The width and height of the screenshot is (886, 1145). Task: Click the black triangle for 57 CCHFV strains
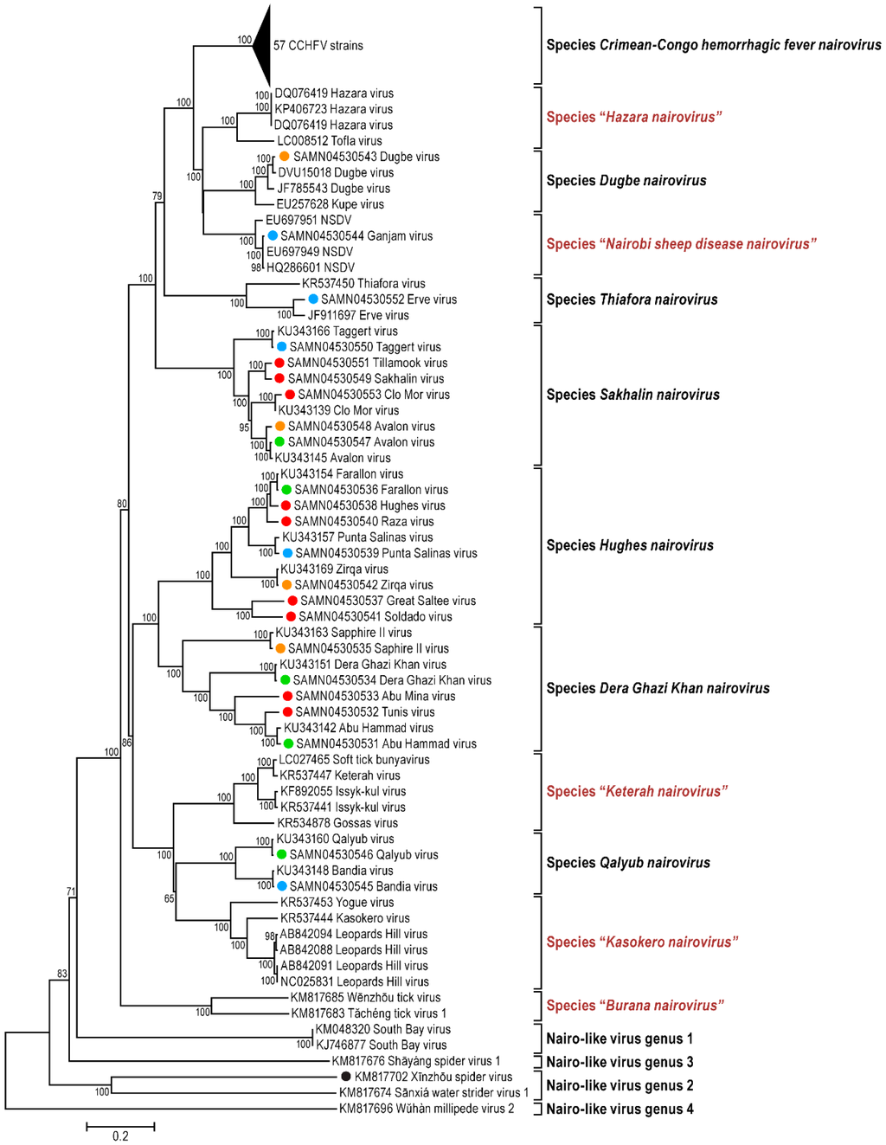coord(262,45)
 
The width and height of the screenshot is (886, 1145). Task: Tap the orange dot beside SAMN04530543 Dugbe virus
coord(284,157)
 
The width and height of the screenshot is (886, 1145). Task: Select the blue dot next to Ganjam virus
coord(273,235)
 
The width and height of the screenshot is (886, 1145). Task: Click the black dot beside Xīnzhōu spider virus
coord(345,1077)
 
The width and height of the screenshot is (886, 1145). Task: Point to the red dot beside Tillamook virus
coord(279,363)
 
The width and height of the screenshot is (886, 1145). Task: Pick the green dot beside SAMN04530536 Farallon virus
coord(286,490)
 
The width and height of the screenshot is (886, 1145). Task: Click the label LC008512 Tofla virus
coord(329,141)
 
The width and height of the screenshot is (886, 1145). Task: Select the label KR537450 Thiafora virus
coord(363,283)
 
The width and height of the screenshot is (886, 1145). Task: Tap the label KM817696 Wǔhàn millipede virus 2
coord(426,1109)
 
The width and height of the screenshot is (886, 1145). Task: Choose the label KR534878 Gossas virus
coord(337,823)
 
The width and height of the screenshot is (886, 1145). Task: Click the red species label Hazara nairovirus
coord(633,117)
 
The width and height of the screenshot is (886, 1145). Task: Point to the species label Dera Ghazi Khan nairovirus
coord(658,688)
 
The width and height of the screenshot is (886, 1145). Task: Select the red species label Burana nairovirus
coord(634,1005)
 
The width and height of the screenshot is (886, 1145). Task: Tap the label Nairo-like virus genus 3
coord(620,1062)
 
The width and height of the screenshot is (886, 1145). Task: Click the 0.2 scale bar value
coord(120,1135)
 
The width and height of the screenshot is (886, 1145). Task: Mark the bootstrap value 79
coord(157,196)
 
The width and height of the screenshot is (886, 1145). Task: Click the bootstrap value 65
coord(170,898)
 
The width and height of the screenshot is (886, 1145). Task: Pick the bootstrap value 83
coord(62,974)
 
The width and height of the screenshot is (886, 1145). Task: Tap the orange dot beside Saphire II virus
coord(280,648)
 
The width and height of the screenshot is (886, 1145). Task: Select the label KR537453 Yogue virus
coord(337,902)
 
